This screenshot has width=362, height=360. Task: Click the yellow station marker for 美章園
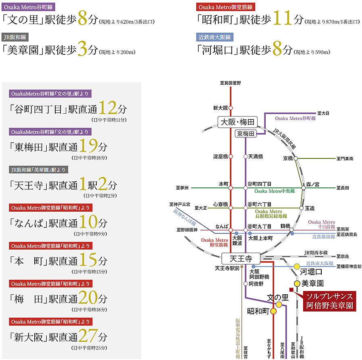(297, 283)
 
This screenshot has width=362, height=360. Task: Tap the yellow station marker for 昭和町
(273, 311)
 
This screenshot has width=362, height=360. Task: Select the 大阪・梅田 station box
(237, 122)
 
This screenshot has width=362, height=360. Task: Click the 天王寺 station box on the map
(241, 258)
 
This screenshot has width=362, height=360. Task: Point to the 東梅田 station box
(245, 134)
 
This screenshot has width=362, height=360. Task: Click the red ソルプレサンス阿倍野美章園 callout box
(329, 301)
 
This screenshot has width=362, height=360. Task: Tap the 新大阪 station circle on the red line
(231, 108)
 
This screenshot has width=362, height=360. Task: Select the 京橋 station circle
(295, 158)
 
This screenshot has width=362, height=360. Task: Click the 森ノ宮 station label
(312, 184)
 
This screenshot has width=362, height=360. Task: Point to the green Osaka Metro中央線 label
(275, 191)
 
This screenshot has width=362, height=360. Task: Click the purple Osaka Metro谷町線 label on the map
(295, 118)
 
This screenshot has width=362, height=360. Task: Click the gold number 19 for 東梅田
(88, 146)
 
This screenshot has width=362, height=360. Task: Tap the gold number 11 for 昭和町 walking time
(283, 18)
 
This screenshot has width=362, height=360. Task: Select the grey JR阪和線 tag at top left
(15, 37)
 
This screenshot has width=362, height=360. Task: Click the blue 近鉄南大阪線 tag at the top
(215, 37)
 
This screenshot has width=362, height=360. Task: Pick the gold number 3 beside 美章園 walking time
(82, 48)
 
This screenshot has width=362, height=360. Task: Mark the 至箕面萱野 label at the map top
(230, 83)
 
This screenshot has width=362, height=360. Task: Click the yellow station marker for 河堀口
(297, 266)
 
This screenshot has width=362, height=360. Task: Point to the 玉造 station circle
(301, 208)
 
